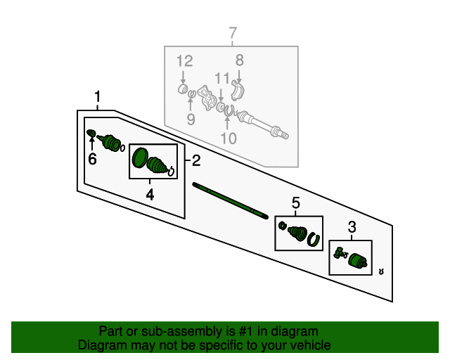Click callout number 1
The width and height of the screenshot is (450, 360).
[x=98, y=96]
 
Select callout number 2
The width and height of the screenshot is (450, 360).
[x=196, y=160]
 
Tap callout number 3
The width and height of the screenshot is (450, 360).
[x=352, y=227]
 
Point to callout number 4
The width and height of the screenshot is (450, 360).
[x=150, y=194]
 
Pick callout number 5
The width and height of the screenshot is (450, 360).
[x=295, y=203]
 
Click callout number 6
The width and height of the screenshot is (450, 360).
[x=92, y=159]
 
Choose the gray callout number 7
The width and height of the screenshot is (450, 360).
[x=233, y=33]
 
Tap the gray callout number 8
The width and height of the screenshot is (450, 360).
[x=240, y=60]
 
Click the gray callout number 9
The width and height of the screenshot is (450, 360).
[x=191, y=119]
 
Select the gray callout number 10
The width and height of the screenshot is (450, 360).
[x=229, y=138]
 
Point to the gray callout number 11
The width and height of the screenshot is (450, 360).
[x=222, y=78]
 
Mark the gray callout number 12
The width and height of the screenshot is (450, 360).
[x=184, y=61]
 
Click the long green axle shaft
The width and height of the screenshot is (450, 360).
[x=230, y=200]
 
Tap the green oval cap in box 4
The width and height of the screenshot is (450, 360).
[x=140, y=157]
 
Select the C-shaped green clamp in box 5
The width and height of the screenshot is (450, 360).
[x=314, y=240]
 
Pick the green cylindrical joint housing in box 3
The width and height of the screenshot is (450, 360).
[x=358, y=261]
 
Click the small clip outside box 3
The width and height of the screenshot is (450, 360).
[x=381, y=271]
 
